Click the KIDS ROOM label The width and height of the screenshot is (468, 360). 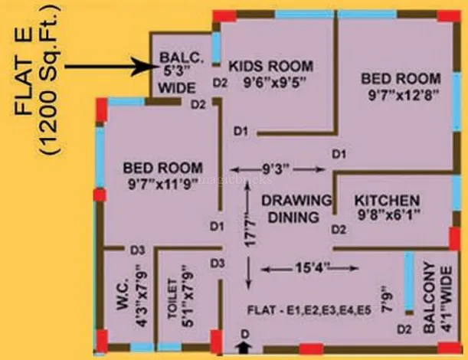271,66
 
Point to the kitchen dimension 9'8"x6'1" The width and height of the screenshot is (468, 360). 389,214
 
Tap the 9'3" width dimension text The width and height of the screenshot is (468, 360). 276,169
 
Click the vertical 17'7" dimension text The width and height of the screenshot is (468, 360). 250,233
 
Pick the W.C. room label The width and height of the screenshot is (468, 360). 122,295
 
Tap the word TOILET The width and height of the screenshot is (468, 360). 172,299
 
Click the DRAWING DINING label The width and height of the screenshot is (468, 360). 296,208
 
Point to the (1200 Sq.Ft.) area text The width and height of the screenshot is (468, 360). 50,79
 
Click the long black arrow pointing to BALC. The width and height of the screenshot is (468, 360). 110,67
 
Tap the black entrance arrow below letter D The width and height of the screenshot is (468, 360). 244,348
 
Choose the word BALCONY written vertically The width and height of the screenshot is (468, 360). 430,298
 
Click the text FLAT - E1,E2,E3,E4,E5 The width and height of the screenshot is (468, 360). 309,310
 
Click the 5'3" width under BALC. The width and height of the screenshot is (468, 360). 178,72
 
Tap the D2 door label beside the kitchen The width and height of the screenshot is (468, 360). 339,230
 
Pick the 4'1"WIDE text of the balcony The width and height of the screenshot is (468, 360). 447,299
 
